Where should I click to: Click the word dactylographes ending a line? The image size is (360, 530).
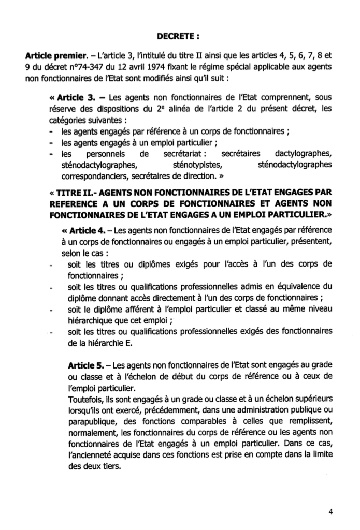(x=301, y=154)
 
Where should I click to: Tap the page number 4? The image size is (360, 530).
(x=330, y=512)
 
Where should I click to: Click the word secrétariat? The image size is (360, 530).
(x=183, y=154)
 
